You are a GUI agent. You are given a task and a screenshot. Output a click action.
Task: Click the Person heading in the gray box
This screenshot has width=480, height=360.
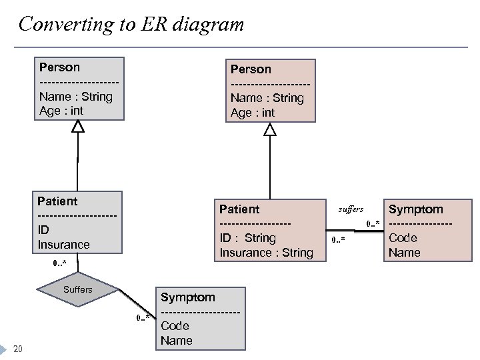pos(59,67)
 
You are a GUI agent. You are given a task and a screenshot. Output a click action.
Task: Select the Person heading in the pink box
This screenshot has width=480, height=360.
pos(251,69)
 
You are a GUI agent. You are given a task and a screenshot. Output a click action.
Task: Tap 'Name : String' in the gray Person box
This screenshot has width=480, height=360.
pos(76,97)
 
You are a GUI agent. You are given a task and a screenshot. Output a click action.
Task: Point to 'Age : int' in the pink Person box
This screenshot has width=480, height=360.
pos(253,113)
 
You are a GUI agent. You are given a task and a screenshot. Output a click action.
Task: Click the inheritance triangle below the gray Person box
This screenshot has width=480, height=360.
pos(78,126)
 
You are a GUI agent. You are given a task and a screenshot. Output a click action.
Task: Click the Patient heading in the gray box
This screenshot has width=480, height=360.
pos(57,201)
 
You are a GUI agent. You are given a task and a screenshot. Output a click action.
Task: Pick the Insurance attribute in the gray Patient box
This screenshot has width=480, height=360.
pos(63,245)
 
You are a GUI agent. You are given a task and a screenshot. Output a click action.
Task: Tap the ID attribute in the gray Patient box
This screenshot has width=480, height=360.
pos(43,230)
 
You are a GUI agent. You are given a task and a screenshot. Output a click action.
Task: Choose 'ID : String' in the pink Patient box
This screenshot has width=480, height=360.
pos(247,238)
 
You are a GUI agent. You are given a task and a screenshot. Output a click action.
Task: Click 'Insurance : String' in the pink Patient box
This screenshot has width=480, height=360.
pos(266,253)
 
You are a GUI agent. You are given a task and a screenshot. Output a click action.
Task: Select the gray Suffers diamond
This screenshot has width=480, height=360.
pos(78,290)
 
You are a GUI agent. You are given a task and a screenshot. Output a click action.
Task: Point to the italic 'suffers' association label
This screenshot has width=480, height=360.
pos(351,209)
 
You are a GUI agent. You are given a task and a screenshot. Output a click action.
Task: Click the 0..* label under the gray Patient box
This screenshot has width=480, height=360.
pos(60,263)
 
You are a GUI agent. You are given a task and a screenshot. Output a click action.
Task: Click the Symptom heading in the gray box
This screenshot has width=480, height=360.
pos(187,297)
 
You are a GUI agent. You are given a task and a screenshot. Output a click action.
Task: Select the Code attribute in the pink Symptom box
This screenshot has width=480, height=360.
pos(403,238)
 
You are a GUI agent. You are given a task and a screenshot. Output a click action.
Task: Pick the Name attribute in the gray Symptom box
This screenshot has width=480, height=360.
pos(176,341)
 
